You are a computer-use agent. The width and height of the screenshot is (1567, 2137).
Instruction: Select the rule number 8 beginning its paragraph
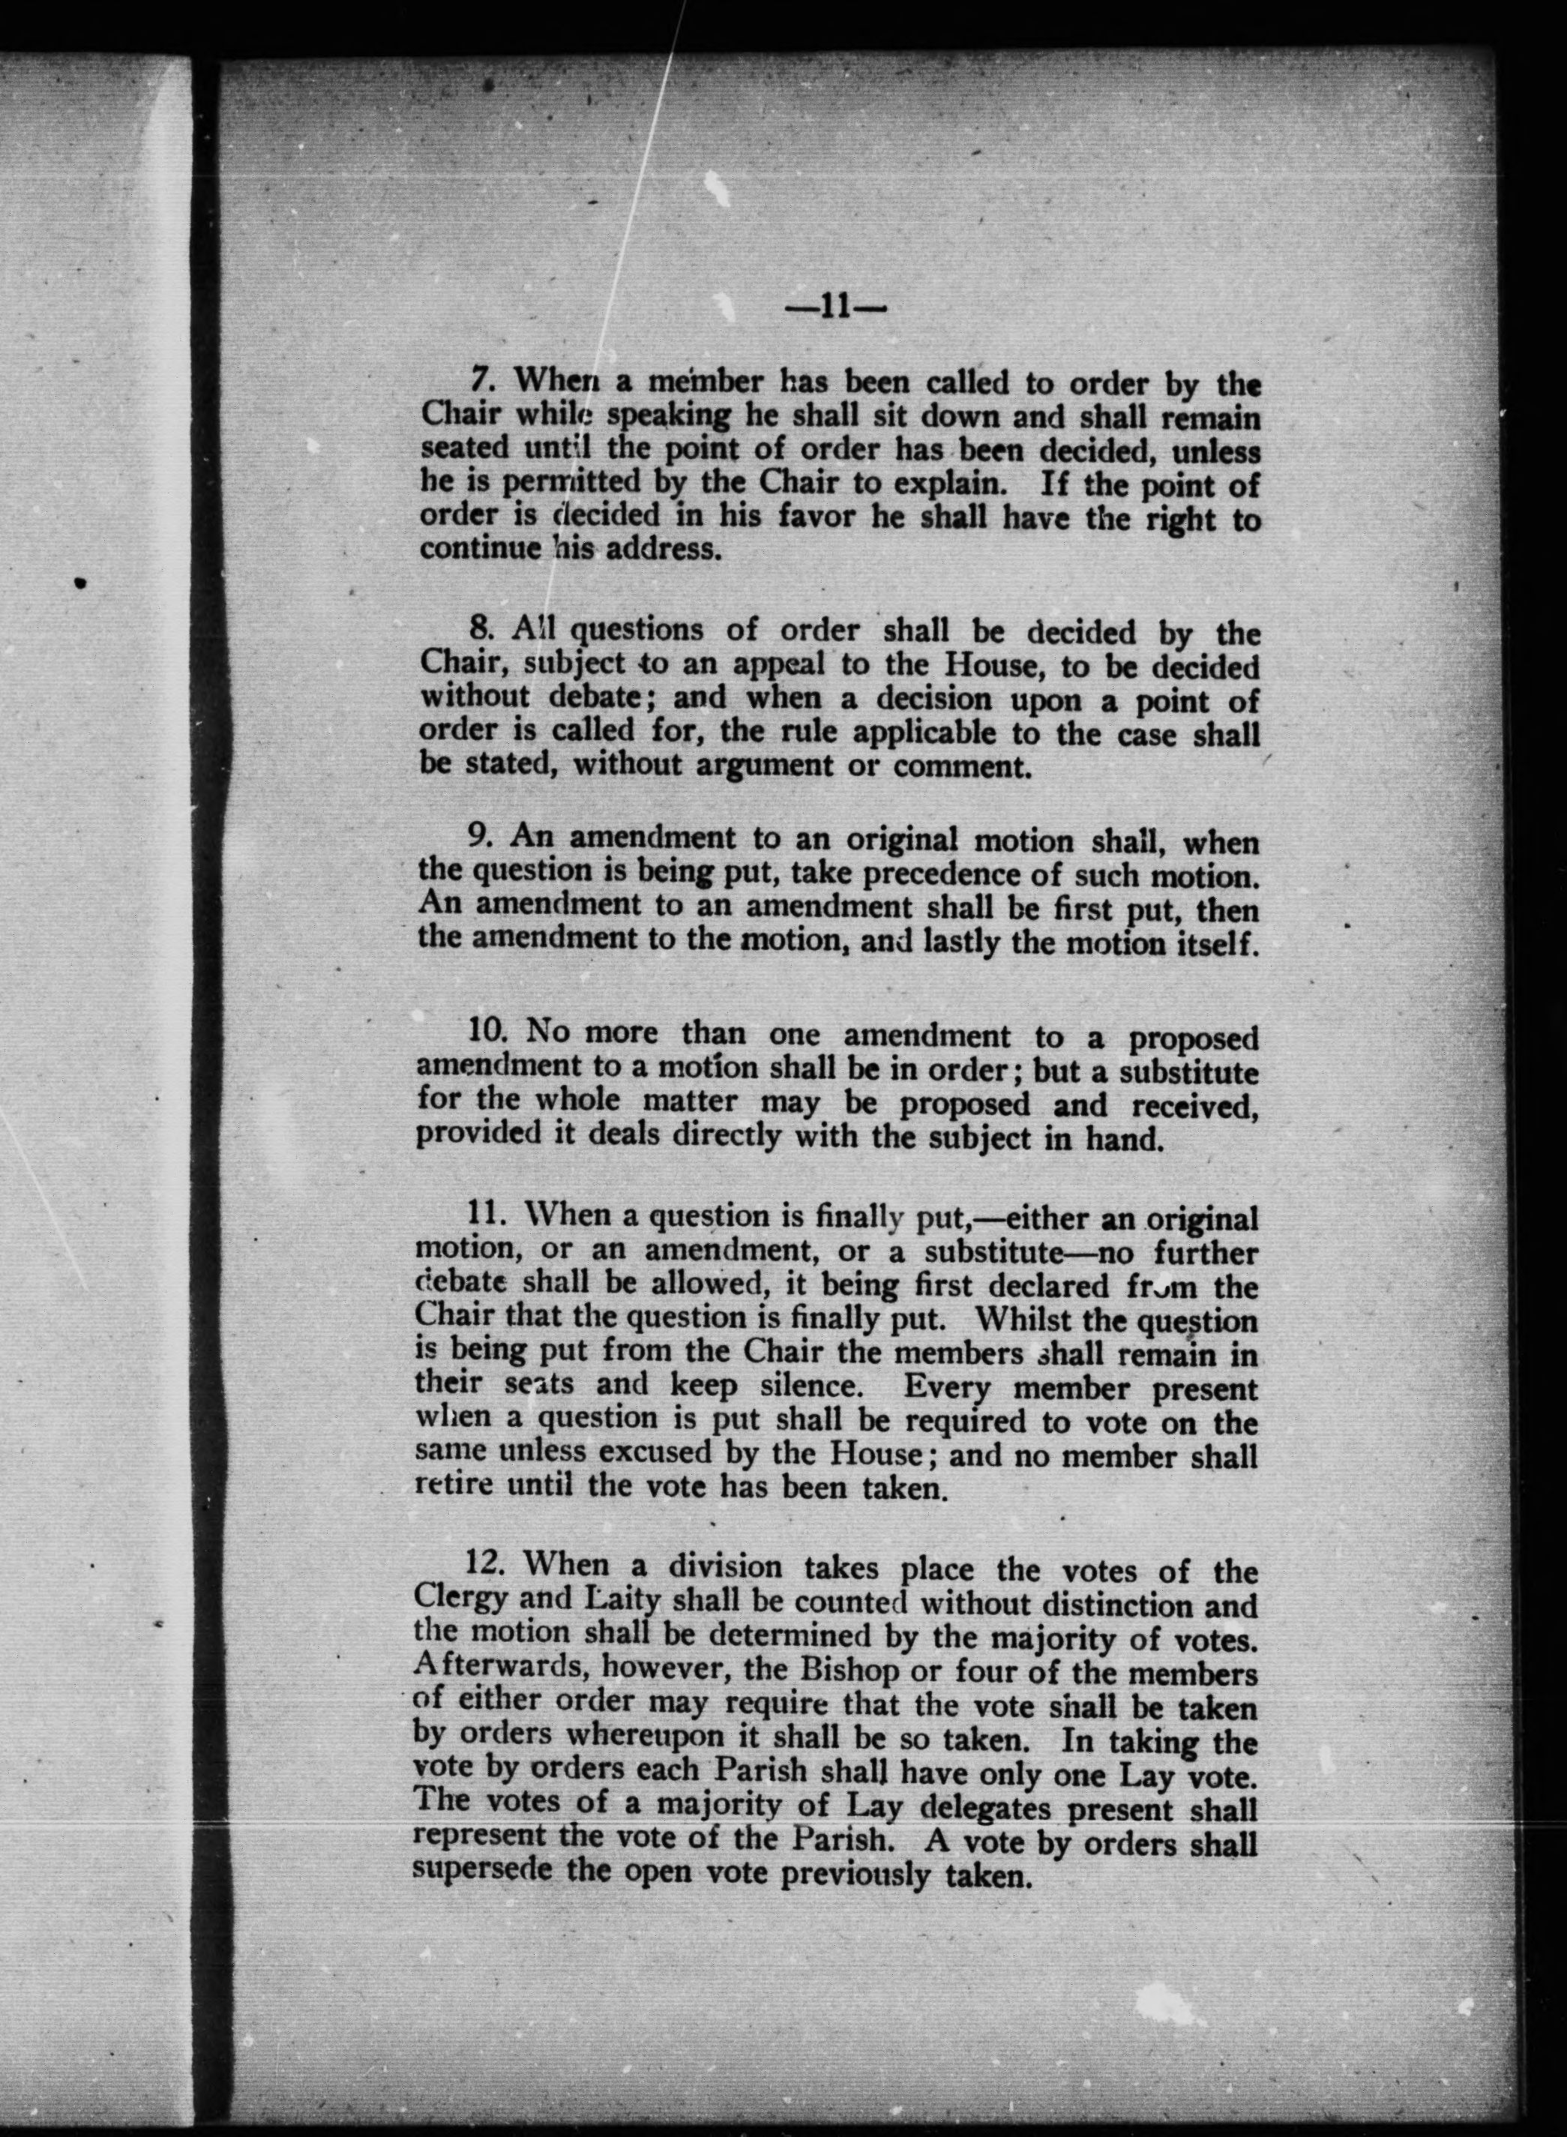[x=479, y=628]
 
